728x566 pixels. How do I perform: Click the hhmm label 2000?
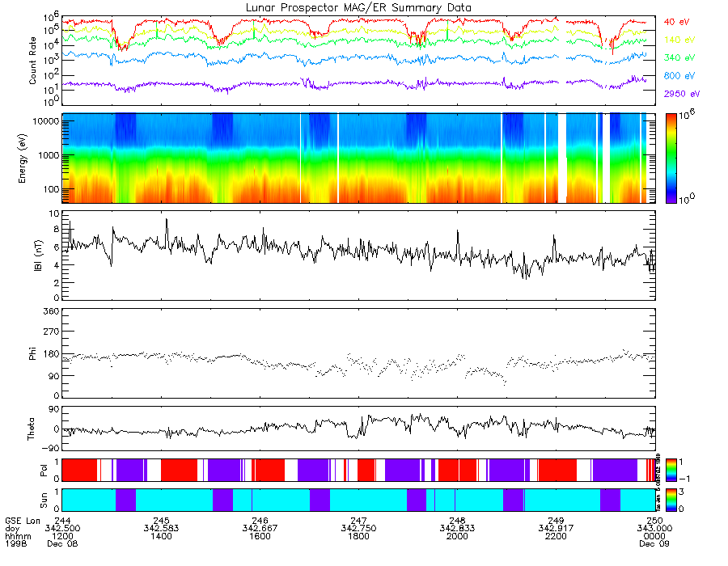[x=457, y=536]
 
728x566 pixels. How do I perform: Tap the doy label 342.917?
[x=556, y=528]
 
